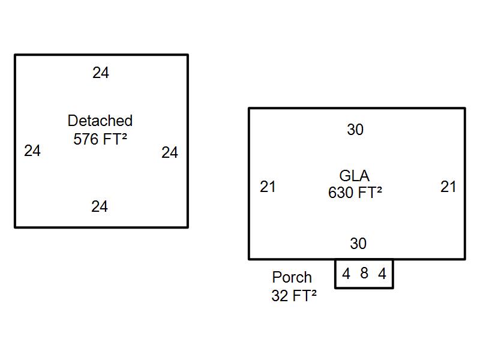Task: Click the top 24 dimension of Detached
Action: pyautogui.click(x=101, y=73)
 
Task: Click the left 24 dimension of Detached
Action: pyautogui.click(x=32, y=151)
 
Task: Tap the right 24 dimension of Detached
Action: pyautogui.click(x=170, y=152)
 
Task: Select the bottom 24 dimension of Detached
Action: pyautogui.click(x=100, y=206)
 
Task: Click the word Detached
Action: pyautogui.click(x=100, y=121)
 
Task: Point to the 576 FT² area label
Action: pyautogui.click(x=100, y=139)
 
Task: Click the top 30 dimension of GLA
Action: pyautogui.click(x=355, y=130)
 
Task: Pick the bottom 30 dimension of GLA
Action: pyautogui.click(x=358, y=244)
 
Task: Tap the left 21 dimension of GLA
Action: pyautogui.click(x=268, y=187)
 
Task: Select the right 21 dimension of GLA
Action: pyautogui.click(x=448, y=187)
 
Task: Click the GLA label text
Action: pyautogui.click(x=355, y=176)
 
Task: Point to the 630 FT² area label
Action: pyautogui.click(x=355, y=193)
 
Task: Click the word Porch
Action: pyautogui.click(x=292, y=277)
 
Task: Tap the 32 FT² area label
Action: pyautogui.click(x=293, y=295)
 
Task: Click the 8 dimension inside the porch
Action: pyautogui.click(x=364, y=273)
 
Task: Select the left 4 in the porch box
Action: pyautogui.click(x=346, y=274)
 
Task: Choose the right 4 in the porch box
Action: pyautogui.click(x=382, y=274)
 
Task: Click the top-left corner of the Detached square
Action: pyautogui.click(x=15, y=55)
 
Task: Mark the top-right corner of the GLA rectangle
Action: pyautogui.click(x=464, y=109)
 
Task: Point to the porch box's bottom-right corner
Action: pyautogui.click(x=392, y=288)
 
